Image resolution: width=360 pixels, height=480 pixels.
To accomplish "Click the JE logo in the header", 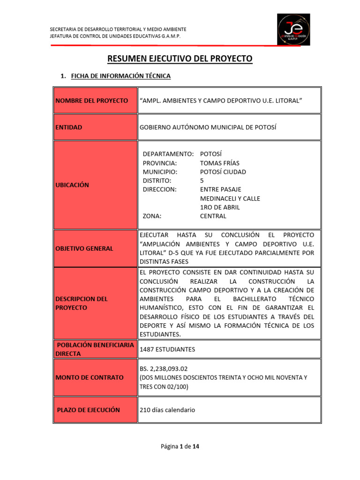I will (x=293, y=30).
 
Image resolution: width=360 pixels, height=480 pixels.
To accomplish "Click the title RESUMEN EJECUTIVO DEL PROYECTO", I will (x=180, y=59).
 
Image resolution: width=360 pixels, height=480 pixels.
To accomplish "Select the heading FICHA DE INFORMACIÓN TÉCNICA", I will (x=120, y=76).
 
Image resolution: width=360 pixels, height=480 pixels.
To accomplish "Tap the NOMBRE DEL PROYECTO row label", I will (x=91, y=101).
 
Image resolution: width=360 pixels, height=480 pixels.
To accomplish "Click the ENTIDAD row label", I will (x=69, y=127).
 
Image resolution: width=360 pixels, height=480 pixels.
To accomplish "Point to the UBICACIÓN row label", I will (x=72, y=185).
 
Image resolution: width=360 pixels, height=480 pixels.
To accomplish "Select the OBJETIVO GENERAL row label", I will (x=84, y=248).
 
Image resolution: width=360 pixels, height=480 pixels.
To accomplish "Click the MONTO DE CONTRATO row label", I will (x=90, y=377).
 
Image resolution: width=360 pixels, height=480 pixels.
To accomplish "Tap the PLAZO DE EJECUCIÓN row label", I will (x=88, y=410).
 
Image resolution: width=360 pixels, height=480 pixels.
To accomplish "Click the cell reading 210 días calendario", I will (x=167, y=410).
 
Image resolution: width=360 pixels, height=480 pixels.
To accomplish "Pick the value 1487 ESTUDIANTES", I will (x=167, y=349).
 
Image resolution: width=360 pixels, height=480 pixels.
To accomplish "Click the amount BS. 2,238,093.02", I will (x=164, y=368).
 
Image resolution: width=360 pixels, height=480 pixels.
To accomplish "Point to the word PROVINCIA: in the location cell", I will (x=160, y=163).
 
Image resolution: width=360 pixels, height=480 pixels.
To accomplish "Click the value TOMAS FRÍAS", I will (x=219, y=163).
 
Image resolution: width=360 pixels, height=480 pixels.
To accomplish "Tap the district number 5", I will (x=202, y=180).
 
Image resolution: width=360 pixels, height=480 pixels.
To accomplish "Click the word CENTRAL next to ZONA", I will (x=213, y=216).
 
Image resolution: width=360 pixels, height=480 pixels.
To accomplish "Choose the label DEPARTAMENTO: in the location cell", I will (x=168, y=154).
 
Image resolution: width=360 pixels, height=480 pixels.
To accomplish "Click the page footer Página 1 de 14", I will (x=180, y=447).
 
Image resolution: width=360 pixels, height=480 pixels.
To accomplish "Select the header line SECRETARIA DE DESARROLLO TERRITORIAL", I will (x=118, y=30).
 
